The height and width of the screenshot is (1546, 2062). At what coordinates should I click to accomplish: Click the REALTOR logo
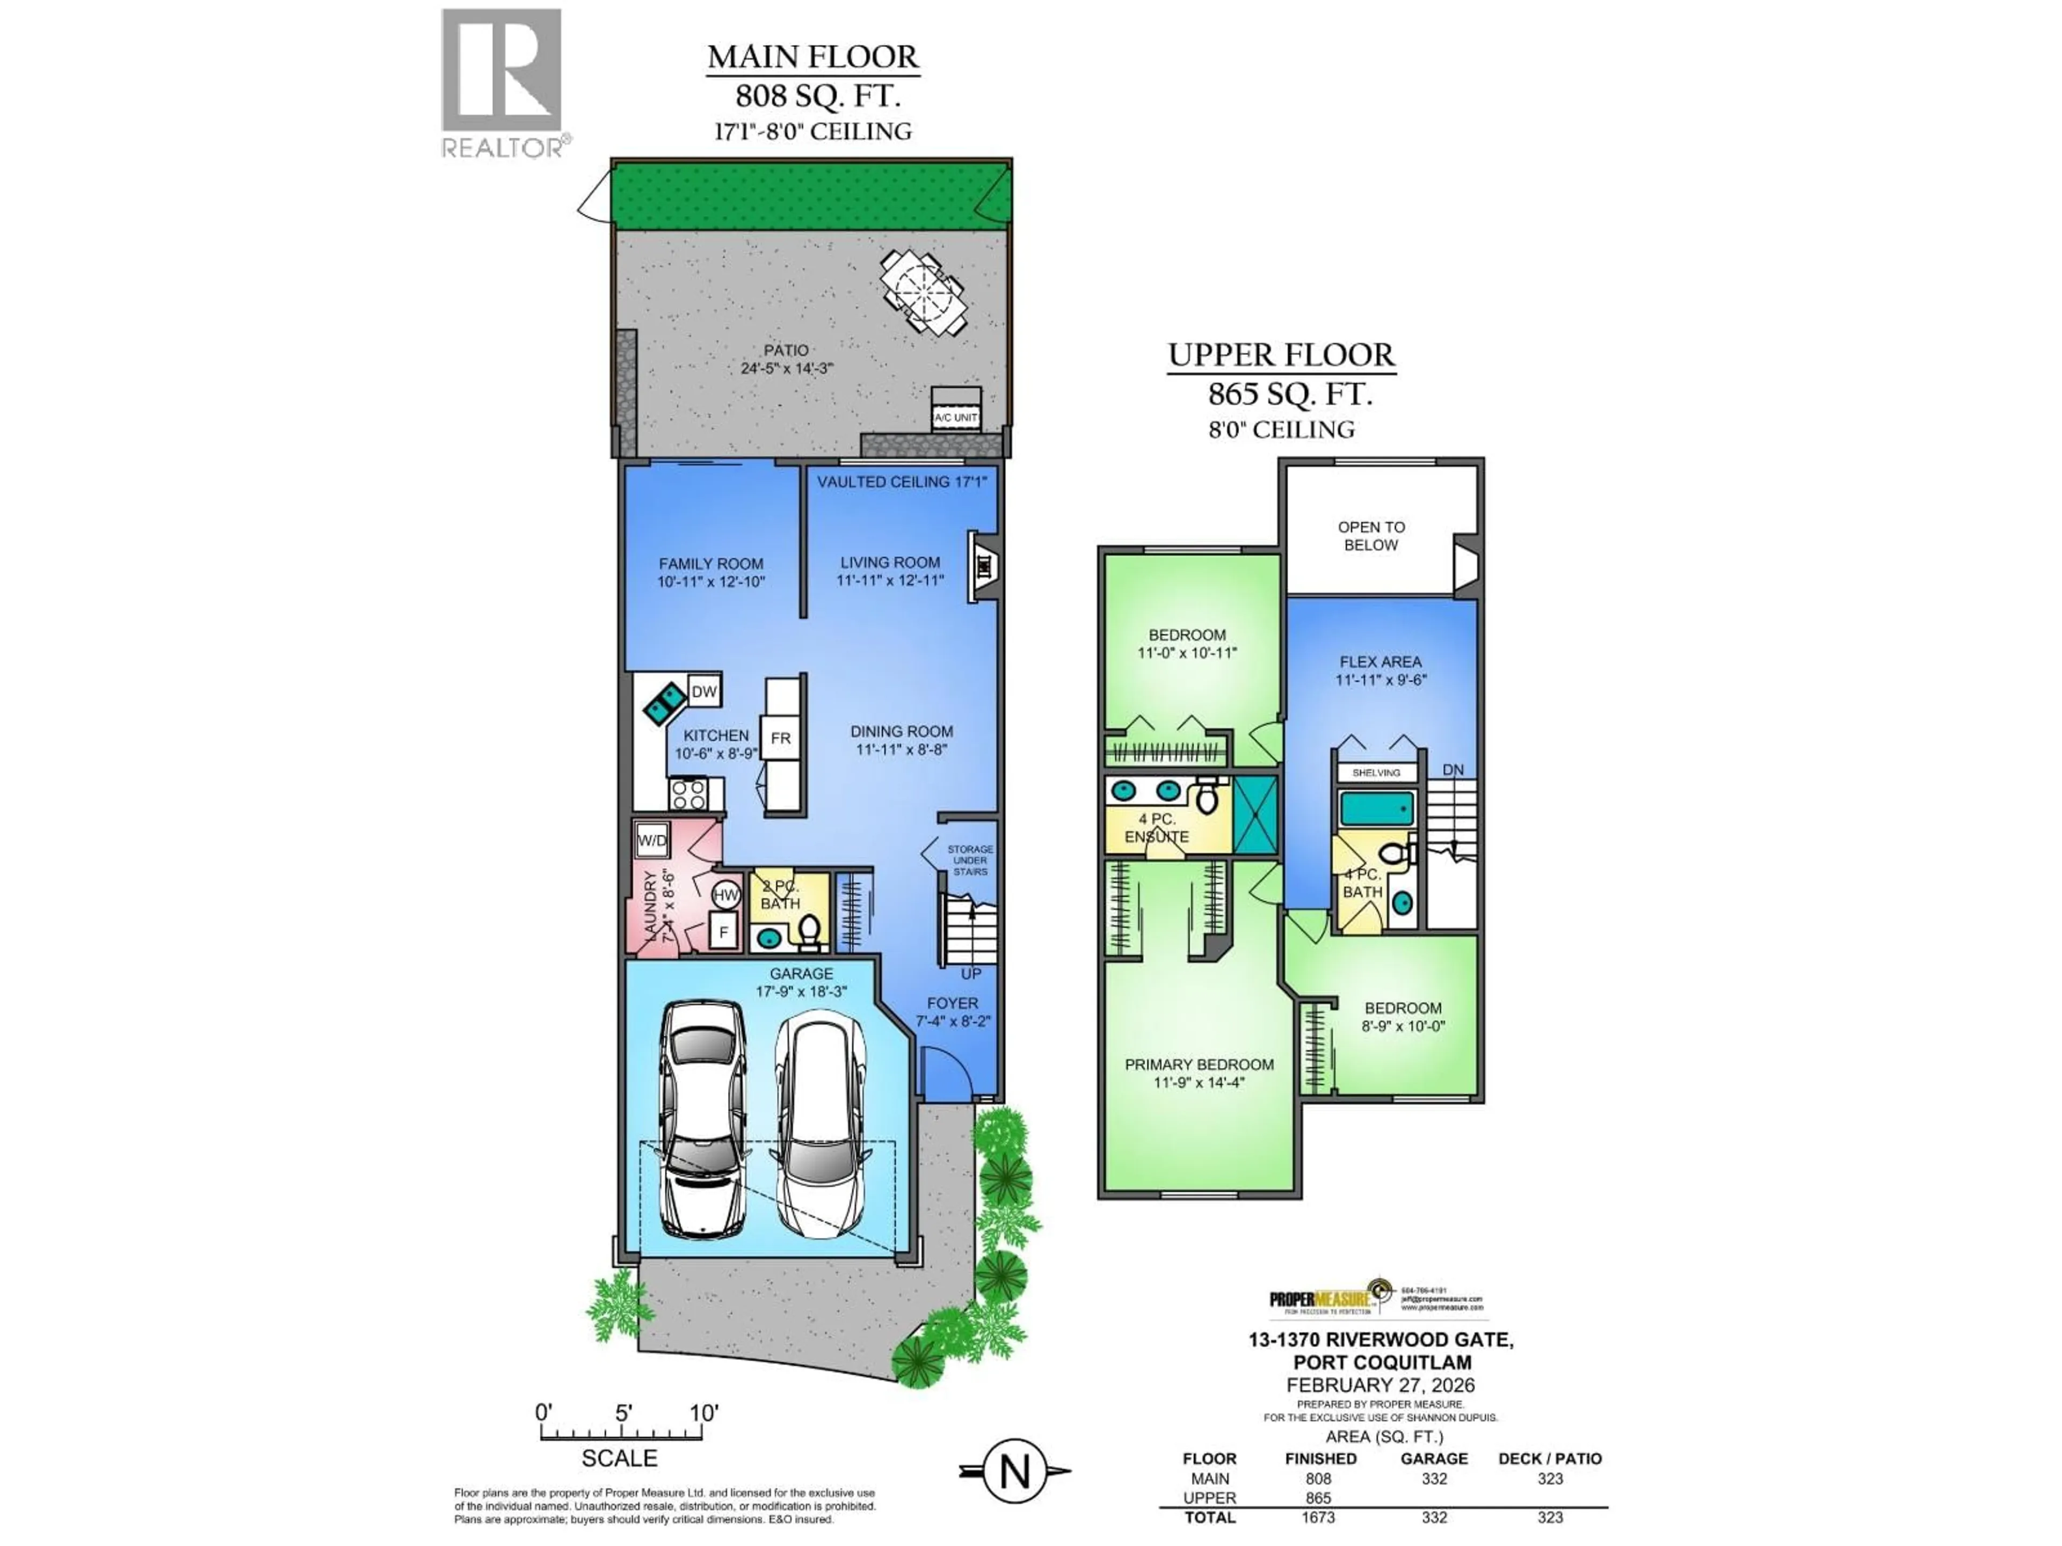[x=502, y=82]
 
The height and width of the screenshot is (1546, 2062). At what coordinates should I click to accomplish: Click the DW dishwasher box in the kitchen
[x=704, y=691]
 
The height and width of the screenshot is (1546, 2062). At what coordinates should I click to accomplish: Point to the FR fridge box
[x=780, y=738]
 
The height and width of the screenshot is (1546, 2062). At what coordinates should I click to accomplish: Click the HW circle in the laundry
[x=726, y=895]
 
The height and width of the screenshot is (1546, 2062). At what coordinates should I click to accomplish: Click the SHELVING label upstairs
[x=1376, y=772]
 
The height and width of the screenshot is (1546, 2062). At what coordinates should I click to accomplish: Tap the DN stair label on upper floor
[x=1453, y=770]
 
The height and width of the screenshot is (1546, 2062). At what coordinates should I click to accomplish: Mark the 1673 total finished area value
[x=1318, y=1517]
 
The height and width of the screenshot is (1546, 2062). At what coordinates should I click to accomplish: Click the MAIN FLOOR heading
[x=813, y=57]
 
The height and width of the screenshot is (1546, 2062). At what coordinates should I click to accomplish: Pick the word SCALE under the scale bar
[x=619, y=1457]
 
